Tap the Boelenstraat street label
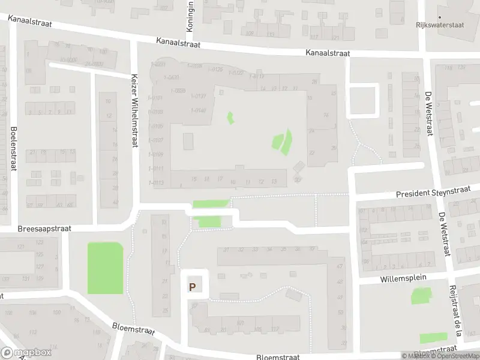[x=13, y=148]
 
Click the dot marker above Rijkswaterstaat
[x=440, y=17]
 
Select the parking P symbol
[x=192, y=287]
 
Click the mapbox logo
[x=25, y=352]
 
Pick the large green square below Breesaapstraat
[x=105, y=268]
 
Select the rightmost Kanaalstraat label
[x=327, y=53]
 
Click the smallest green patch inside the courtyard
[x=229, y=118]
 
